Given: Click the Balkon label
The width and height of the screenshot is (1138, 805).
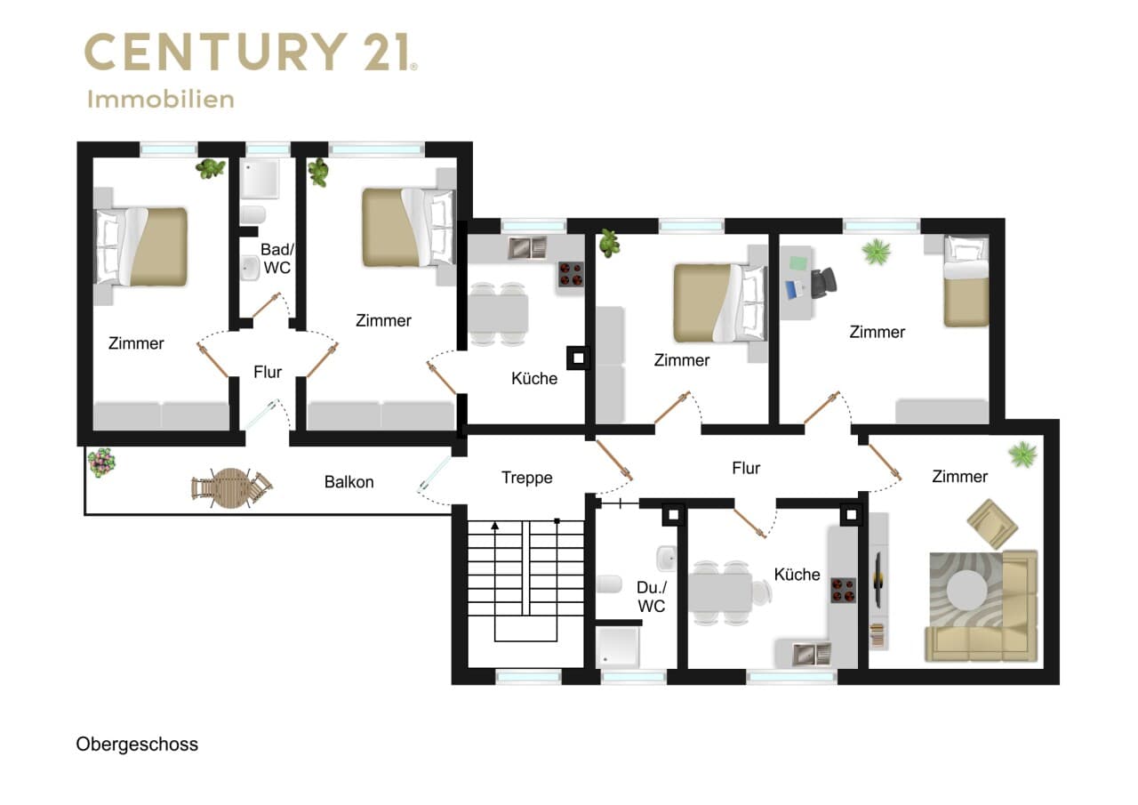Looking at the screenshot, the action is (x=349, y=482).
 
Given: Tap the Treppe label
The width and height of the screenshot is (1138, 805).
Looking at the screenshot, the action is (x=527, y=478).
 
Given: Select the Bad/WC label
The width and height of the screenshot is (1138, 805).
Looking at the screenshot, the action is (x=276, y=258).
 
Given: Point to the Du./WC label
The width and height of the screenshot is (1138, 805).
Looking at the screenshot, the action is (x=652, y=597).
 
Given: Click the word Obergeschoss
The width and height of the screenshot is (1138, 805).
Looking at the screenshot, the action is (x=137, y=744).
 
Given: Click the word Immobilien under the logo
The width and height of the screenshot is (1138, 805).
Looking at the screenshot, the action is (x=161, y=99).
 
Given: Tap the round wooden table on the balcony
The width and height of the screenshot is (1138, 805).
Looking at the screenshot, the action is (x=231, y=487).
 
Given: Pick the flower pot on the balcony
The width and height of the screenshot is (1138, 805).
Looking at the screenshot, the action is (x=101, y=462).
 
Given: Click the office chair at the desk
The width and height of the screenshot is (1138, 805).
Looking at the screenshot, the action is (x=823, y=283).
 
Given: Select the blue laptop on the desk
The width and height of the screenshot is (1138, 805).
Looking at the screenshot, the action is (x=794, y=290).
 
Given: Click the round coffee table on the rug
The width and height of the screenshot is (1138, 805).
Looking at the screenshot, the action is (x=967, y=591).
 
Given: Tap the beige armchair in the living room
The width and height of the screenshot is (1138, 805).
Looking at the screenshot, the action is (x=992, y=523).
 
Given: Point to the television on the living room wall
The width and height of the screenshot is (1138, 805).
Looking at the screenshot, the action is (x=878, y=579).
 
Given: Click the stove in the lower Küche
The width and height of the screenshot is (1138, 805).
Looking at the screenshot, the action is (x=844, y=590).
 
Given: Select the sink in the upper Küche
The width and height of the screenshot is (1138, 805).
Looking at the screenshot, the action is (x=527, y=247).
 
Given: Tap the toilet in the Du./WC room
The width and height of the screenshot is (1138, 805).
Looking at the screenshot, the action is (x=609, y=584).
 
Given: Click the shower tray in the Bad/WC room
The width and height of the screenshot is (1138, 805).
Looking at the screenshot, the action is (x=260, y=179).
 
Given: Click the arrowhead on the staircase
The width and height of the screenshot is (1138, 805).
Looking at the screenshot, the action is (x=495, y=526).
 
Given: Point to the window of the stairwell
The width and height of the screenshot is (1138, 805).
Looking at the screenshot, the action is (x=528, y=677).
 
